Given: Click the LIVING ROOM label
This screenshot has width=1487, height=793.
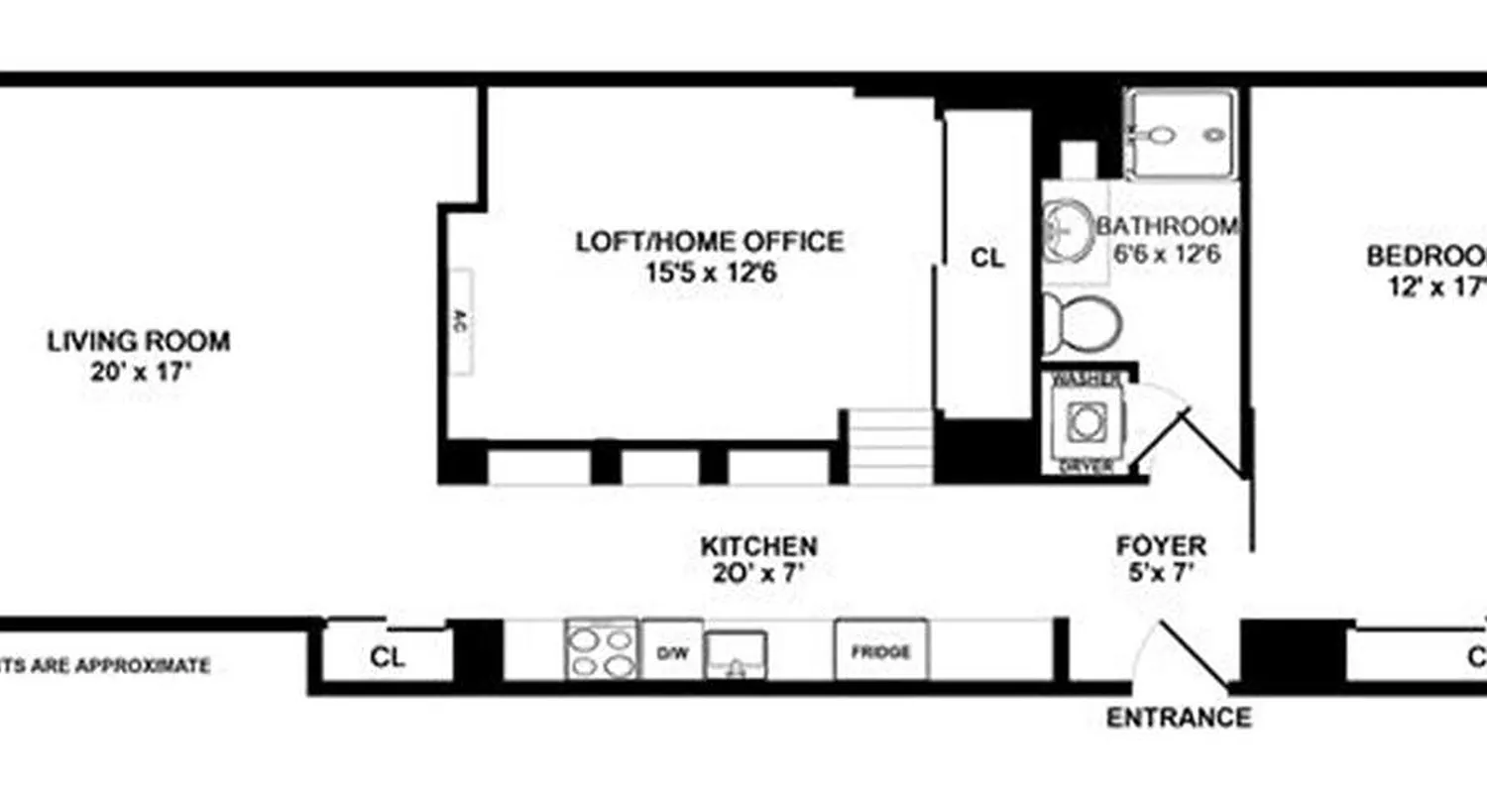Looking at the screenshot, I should (138, 342).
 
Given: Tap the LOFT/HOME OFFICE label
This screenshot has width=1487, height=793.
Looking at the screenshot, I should (710, 242).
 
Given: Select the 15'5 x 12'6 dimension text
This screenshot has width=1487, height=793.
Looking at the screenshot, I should (709, 271).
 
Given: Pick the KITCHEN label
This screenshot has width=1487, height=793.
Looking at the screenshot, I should (758, 545).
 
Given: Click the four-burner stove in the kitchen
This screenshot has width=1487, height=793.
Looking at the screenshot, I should (601, 650).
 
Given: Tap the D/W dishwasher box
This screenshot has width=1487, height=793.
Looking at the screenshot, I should (672, 651).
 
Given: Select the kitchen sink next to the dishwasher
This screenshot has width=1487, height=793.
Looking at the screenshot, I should (735, 655).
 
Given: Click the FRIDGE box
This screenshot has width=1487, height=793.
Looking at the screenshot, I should (880, 651).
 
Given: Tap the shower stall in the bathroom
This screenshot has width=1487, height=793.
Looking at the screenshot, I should (1181, 134).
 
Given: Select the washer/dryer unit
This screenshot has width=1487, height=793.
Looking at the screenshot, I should (1087, 422).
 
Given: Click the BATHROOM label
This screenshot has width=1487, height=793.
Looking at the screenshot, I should (1167, 226).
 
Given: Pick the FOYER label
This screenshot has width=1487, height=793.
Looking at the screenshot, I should (1161, 545).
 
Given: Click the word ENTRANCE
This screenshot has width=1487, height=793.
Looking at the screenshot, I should (1178, 717).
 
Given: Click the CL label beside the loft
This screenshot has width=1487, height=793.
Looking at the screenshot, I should (986, 258).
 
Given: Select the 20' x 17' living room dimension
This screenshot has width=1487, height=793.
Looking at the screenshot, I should (138, 373).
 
